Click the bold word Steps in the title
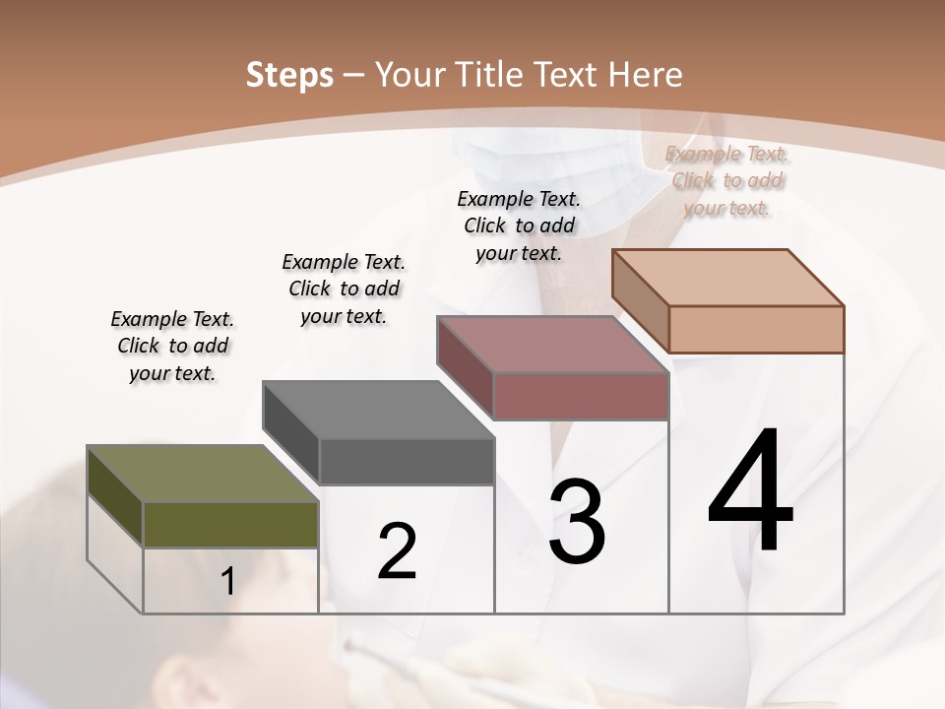tap(289, 75)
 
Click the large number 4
tap(750, 491)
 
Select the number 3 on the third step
tap(577, 522)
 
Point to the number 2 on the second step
tap(398, 552)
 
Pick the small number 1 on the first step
tap(227, 582)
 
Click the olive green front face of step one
tap(230, 524)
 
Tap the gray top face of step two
tap(378, 409)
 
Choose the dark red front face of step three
tap(581, 396)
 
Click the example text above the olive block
tap(172, 346)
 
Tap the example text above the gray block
tap(344, 289)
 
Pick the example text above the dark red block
tap(519, 226)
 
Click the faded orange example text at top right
tap(727, 180)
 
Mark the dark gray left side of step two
tap(291, 433)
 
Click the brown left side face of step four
tap(640, 299)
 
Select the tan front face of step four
tap(756, 329)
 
